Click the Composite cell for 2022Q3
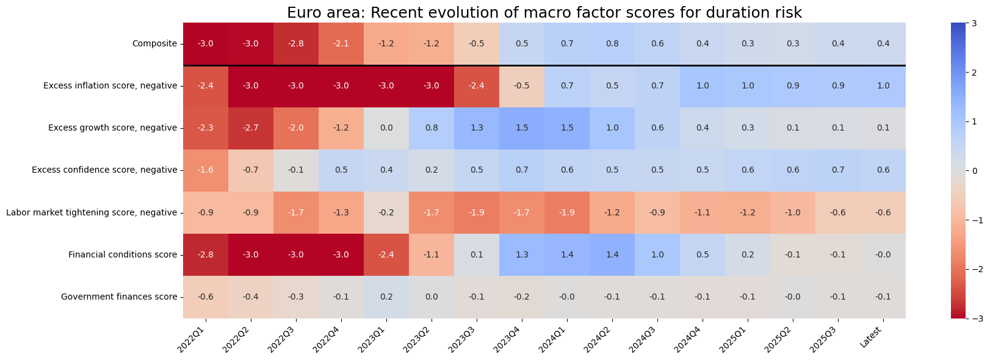click(x=296, y=44)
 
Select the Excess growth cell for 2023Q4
click(x=522, y=128)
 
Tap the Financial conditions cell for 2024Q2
click(x=612, y=255)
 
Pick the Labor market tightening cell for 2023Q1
click(x=386, y=213)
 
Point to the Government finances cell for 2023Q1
click(x=386, y=297)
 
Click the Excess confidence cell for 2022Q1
click(x=206, y=170)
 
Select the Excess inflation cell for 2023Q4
click(x=522, y=86)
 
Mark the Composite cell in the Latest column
click(x=883, y=44)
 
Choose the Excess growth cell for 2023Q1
click(x=386, y=128)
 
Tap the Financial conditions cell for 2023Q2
click(x=432, y=255)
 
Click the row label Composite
click(x=154, y=44)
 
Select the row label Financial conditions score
click(x=123, y=255)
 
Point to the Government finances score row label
click(x=119, y=297)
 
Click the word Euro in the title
click(x=301, y=13)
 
